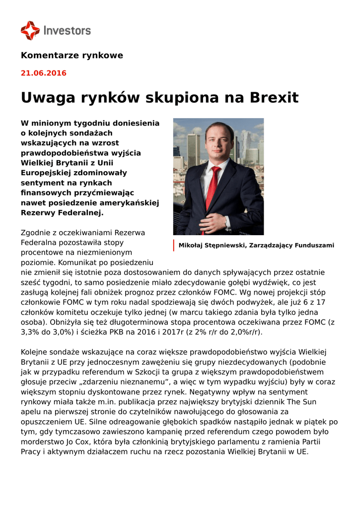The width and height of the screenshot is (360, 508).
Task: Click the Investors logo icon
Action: (30, 30)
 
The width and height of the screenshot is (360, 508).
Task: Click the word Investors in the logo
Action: (67, 31)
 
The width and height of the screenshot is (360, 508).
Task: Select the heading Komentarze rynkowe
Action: (72, 56)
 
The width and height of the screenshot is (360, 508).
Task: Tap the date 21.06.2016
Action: (43, 73)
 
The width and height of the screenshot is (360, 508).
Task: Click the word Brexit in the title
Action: (271, 98)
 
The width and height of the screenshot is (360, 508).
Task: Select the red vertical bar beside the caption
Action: (174, 246)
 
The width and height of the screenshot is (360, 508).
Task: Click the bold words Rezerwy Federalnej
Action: (62, 213)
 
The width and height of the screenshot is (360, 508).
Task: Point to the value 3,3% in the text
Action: (31, 332)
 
